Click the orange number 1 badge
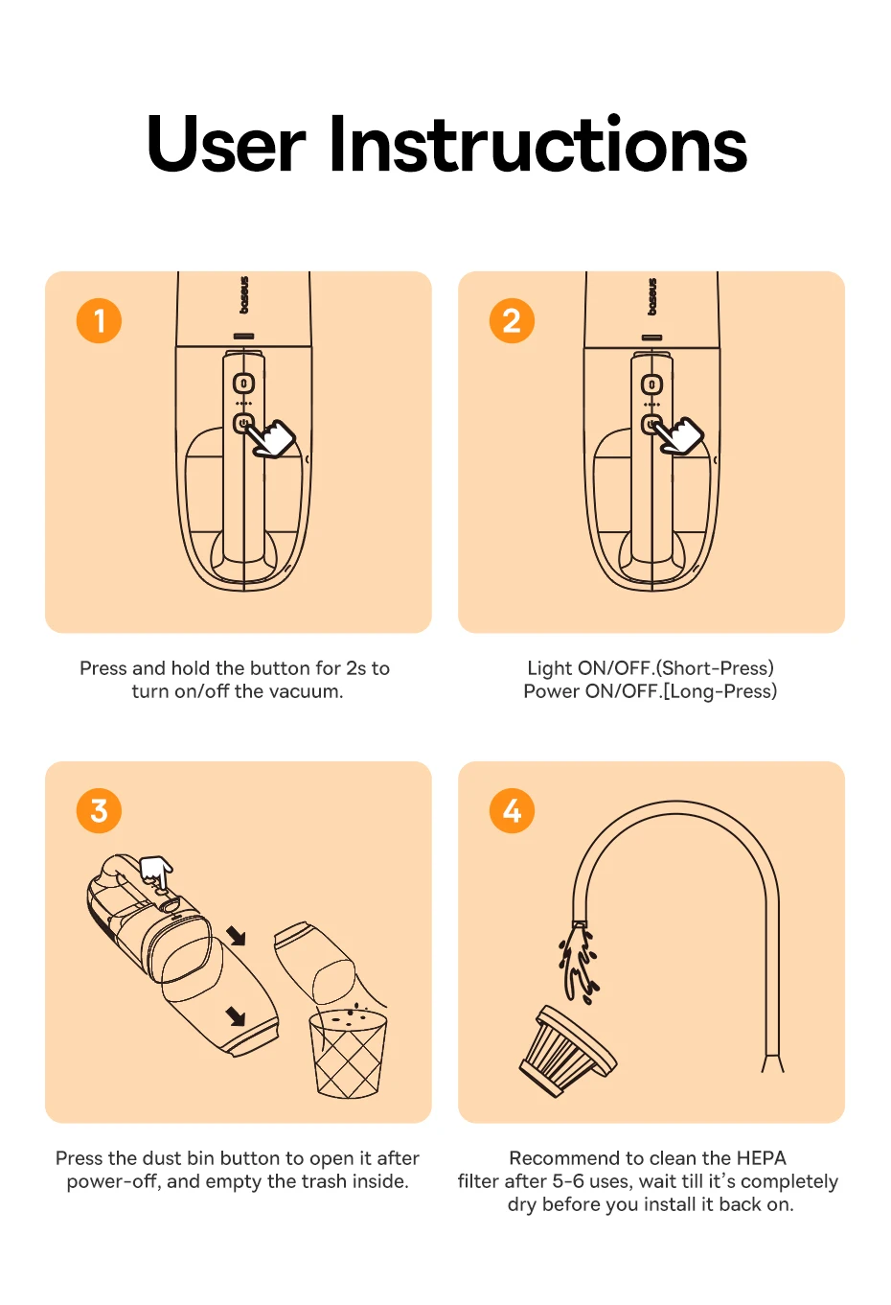99,320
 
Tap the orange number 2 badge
512,320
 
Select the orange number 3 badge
99,810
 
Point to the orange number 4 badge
512,810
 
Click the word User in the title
226,145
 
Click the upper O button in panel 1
244,384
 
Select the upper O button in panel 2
651,385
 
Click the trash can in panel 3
348,1055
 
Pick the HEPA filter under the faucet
567,1052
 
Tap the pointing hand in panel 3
156,873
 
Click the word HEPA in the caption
761,1157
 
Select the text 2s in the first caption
356,668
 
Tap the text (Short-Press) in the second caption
716,668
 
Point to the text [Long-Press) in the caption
720,691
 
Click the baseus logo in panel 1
244,294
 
